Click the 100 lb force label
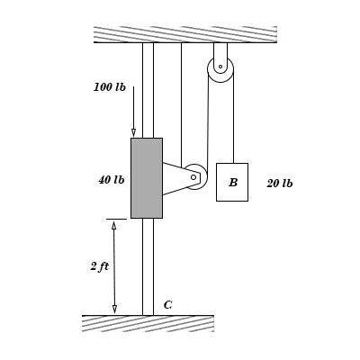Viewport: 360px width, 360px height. point(110,87)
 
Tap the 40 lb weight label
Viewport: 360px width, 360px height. point(112,180)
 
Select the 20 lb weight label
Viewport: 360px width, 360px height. point(279,184)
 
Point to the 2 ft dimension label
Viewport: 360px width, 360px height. point(99,266)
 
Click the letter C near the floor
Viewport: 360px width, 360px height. point(167,305)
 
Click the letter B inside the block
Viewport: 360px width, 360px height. point(233,183)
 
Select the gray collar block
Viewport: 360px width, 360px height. point(146,177)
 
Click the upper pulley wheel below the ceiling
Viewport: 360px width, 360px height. point(220,68)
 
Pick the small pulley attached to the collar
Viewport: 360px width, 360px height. point(194,176)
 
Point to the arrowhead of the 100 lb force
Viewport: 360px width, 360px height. point(133,132)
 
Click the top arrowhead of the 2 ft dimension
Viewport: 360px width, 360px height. point(113,225)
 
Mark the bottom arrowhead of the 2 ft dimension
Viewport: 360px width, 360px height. point(114,310)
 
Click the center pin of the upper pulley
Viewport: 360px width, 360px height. point(220,67)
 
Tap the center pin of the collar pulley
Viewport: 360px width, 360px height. point(193,177)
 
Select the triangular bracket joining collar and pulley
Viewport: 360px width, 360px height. point(175,177)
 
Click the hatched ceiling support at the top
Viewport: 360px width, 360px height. point(184,34)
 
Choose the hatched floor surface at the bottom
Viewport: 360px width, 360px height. point(148,323)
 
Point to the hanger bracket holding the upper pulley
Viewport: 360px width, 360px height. point(220,52)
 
